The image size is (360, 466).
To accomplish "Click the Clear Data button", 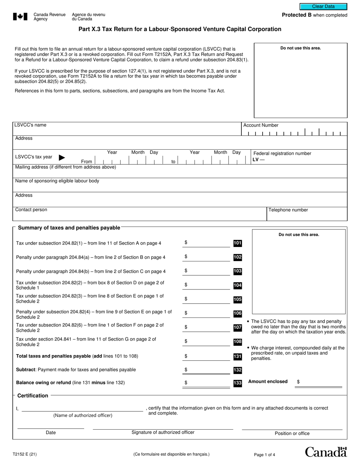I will [x=323, y=6].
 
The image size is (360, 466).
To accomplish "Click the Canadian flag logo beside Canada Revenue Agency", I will [x=20, y=16].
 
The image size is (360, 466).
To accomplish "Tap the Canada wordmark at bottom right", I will [x=326, y=452].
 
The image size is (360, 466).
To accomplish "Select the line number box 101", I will [x=237, y=243].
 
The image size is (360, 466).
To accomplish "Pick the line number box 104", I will [x=237, y=286].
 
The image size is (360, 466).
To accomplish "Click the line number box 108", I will [x=237, y=342].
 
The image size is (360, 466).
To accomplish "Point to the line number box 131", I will [x=237, y=357].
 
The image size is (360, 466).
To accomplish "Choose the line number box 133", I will [x=237, y=383].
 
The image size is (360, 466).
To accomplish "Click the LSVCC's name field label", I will [x=30, y=125].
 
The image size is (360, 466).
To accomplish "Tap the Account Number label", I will [x=261, y=125].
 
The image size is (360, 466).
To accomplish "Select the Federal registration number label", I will [x=282, y=153].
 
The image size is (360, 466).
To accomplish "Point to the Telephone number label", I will [x=288, y=210].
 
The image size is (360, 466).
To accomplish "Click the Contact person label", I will [x=31, y=210].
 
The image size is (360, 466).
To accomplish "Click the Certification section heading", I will [x=33, y=396].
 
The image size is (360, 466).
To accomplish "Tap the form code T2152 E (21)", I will [x=25, y=453].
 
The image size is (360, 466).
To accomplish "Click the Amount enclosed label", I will [x=268, y=382].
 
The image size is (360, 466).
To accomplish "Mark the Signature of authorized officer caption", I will [x=163, y=432].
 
